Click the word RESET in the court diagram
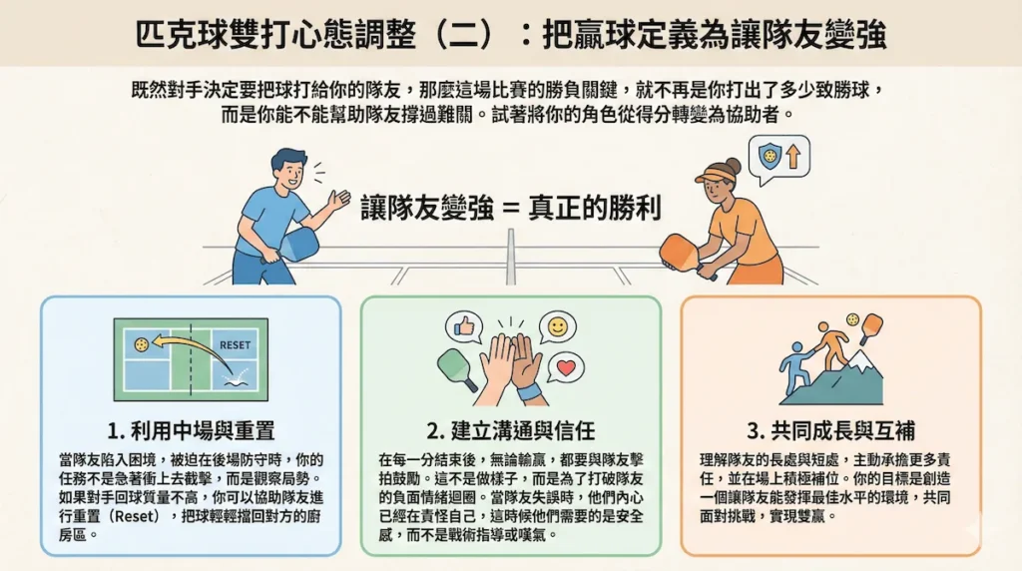(235, 344)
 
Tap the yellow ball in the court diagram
(141, 344)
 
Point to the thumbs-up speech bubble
(464, 326)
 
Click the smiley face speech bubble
(557, 326)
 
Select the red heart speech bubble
(566, 368)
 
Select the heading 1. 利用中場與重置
(191, 430)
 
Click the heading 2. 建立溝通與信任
(511, 430)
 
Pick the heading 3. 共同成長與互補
(831, 430)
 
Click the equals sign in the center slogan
(510, 209)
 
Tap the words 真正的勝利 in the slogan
(595, 208)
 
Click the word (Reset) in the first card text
(134, 516)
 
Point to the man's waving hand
(338, 199)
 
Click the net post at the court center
(511, 257)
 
